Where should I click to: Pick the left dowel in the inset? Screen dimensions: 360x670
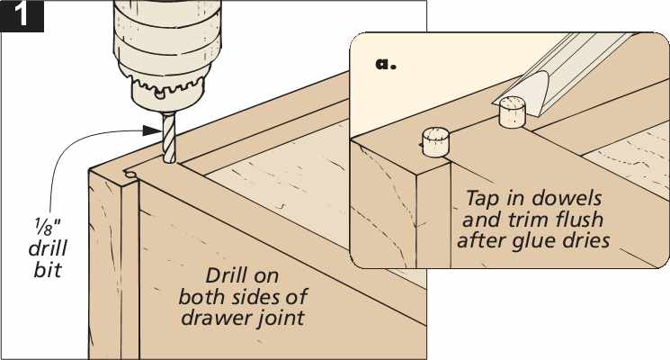pos(436,141)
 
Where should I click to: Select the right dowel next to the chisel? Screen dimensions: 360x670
pos(513,113)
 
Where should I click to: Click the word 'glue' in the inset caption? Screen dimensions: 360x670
pos(533,240)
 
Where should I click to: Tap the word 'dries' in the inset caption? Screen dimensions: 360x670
pos(584,240)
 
